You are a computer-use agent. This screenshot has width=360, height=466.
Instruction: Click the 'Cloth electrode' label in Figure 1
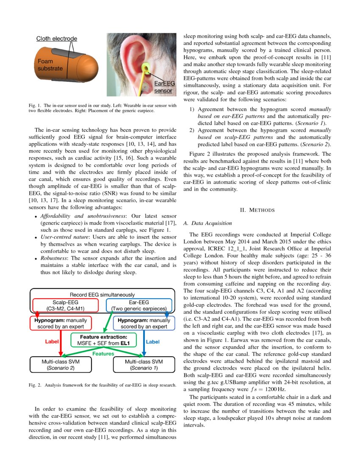(x=56, y=39)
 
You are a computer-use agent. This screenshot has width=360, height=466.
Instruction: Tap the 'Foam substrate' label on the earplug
(x=49, y=64)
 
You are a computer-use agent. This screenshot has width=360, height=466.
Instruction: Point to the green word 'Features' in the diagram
(x=103, y=353)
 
